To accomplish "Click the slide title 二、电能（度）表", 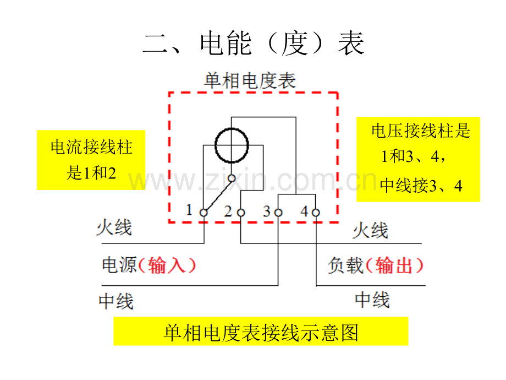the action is pyautogui.click(x=254, y=44).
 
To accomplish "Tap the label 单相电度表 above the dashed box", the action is pyautogui.click(x=250, y=80).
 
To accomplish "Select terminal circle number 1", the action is pyautogui.click(x=204, y=213).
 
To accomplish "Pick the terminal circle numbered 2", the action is pyautogui.click(x=241, y=213).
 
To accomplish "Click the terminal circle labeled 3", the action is pyautogui.click(x=278, y=213).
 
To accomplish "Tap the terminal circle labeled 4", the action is pyautogui.click(x=316, y=213).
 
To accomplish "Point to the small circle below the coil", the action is pyautogui.click(x=232, y=178).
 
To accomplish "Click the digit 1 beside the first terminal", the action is pyautogui.click(x=189, y=210).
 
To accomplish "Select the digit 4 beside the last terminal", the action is pyautogui.click(x=304, y=211).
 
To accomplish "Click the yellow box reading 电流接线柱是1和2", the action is pyautogui.click(x=91, y=160).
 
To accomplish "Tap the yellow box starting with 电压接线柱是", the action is pyautogui.click(x=418, y=159).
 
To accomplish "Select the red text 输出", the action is pyautogui.click(x=394, y=265).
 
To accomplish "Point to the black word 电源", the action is pyautogui.click(x=119, y=265).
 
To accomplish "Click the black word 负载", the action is pyautogui.click(x=345, y=265).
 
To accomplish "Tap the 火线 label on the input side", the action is pyautogui.click(x=114, y=227).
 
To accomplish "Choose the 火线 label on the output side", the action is pyautogui.click(x=370, y=230).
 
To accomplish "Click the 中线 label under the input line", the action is pyautogui.click(x=116, y=301).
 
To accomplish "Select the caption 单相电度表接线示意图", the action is pyautogui.click(x=261, y=333).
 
